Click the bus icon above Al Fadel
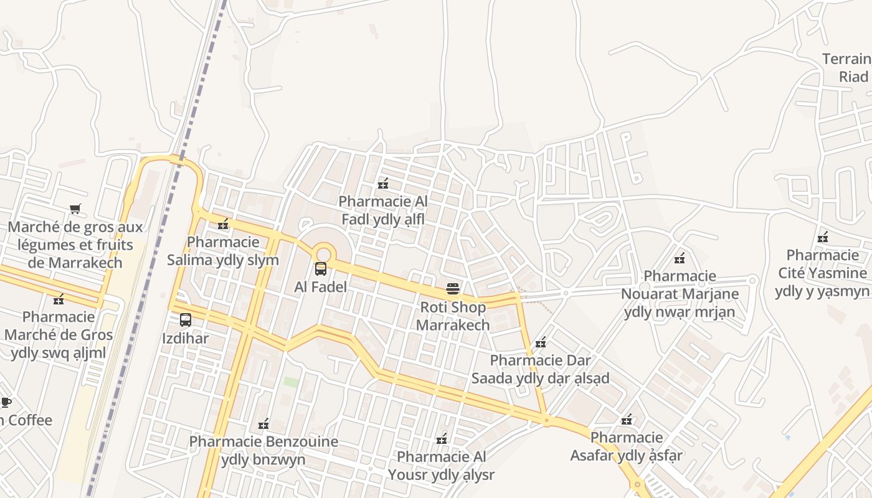[321, 269]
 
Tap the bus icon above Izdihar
[186, 320]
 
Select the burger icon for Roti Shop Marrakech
[453, 289]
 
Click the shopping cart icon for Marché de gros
[75, 209]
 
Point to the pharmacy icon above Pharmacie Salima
[223, 224]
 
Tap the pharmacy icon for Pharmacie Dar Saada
[541, 342]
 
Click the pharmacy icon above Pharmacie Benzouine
[263, 424]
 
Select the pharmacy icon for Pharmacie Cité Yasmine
[823, 237]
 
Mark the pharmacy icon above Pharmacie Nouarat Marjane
[680, 258]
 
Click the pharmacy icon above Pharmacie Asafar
[627, 420]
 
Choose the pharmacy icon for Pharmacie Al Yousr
[442, 439]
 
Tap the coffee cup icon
[6, 402]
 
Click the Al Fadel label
[321, 288]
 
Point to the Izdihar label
[186, 339]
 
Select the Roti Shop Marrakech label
[453, 316]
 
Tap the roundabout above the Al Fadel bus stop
[323, 253]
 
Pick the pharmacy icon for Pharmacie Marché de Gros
[59, 299]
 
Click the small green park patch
[291, 382]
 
